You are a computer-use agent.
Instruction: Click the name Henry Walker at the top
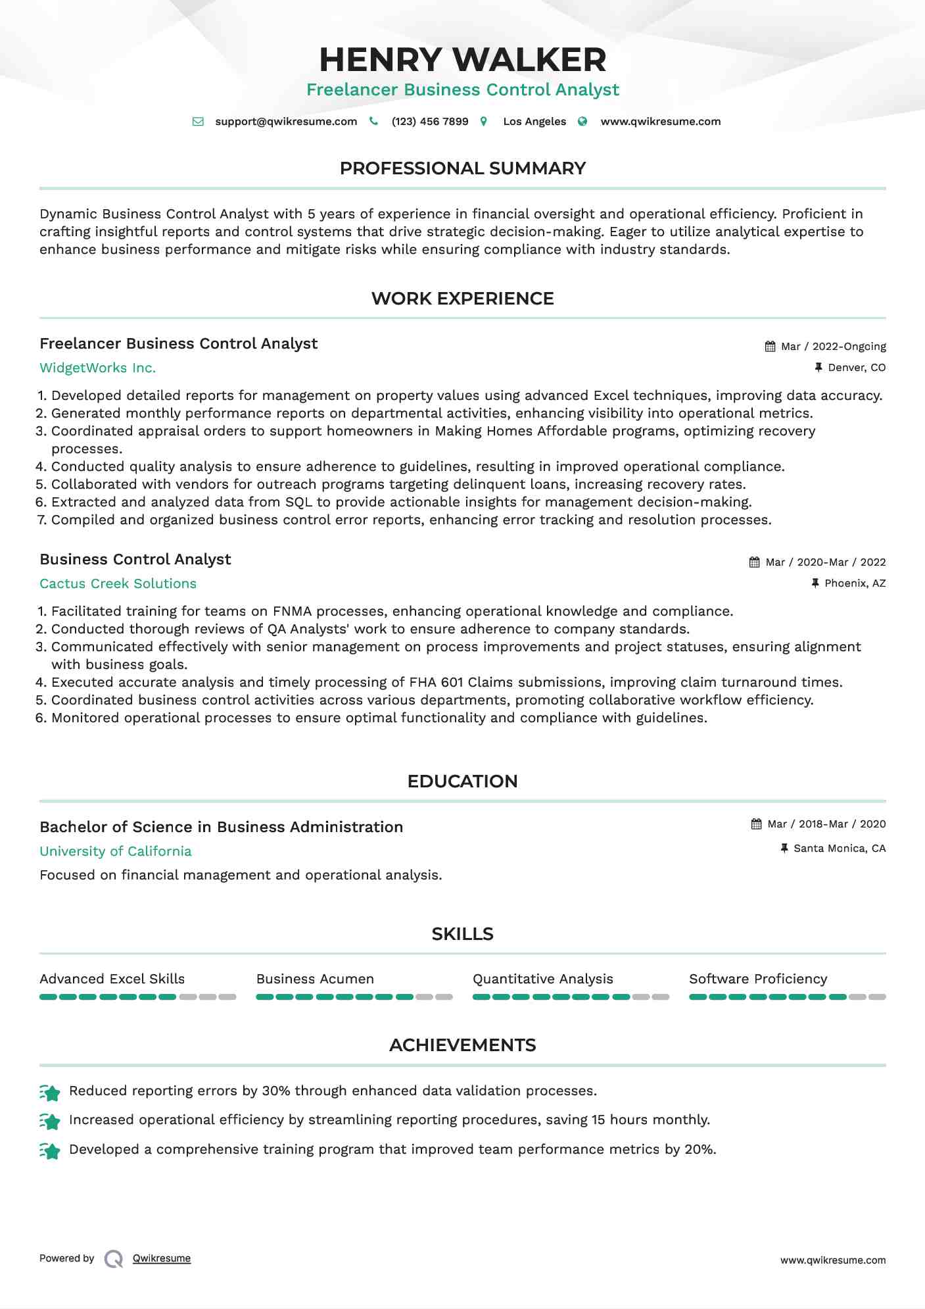[x=462, y=60]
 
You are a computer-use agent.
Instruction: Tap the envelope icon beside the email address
[x=198, y=122]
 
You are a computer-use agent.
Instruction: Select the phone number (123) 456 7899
[x=429, y=122]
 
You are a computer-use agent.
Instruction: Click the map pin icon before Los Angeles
[x=484, y=122]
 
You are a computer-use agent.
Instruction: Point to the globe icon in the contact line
[x=582, y=122]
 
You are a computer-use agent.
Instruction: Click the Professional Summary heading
[x=462, y=168]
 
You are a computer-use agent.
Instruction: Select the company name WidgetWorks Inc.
[x=97, y=368]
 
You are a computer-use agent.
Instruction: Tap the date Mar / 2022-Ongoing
[x=833, y=347]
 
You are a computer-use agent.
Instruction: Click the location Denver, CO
[x=857, y=368]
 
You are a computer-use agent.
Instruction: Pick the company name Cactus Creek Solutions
[x=118, y=583]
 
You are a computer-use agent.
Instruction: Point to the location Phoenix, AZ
[x=855, y=583]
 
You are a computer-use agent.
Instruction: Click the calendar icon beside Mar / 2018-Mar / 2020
[x=757, y=824]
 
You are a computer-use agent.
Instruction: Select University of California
[x=115, y=851]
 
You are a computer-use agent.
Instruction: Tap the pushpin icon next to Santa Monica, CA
[x=784, y=849]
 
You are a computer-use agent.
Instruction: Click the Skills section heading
[x=462, y=934]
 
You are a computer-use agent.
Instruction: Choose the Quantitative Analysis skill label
[x=542, y=979]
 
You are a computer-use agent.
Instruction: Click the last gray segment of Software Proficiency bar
[x=877, y=997]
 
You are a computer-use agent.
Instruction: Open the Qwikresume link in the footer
[x=162, y=1258]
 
